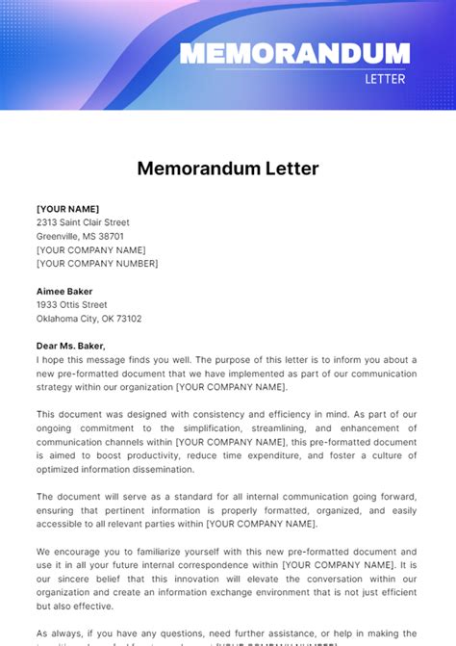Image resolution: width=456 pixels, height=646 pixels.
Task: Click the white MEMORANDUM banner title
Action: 294,53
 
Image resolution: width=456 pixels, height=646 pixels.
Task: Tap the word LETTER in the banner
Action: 387,79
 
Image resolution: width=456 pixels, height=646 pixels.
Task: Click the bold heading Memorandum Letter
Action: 228,168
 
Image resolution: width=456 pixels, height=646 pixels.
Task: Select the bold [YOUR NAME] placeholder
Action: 67,209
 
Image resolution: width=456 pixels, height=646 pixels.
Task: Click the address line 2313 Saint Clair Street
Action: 83,222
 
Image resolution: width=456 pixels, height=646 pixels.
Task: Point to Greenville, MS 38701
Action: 80,236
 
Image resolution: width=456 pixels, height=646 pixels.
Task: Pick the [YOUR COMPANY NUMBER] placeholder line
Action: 97,263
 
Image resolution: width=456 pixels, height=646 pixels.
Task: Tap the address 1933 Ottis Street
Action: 73,304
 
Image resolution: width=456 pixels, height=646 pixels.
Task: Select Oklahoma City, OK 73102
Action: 89,318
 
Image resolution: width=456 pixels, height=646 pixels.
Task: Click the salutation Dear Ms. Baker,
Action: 71,346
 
